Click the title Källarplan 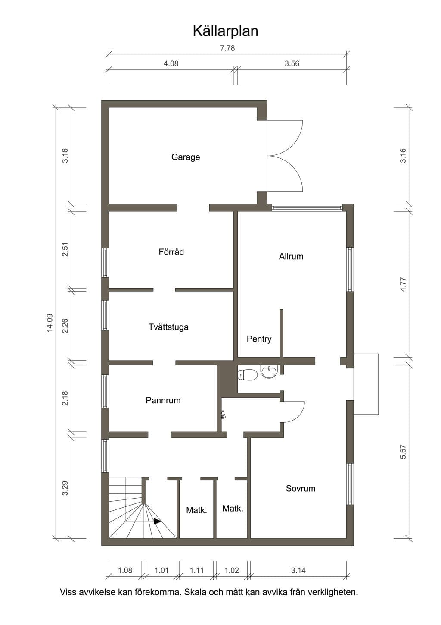225,31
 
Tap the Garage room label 186,157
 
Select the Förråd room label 171,252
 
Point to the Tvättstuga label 168,327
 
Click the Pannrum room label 163,400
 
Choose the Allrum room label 291,256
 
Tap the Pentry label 259,339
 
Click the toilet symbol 247,375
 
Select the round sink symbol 269,372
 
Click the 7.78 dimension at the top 227,48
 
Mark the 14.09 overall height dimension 50,323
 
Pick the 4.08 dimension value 171,63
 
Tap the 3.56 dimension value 292,63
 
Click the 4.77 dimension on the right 403,285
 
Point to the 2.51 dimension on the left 65,249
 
